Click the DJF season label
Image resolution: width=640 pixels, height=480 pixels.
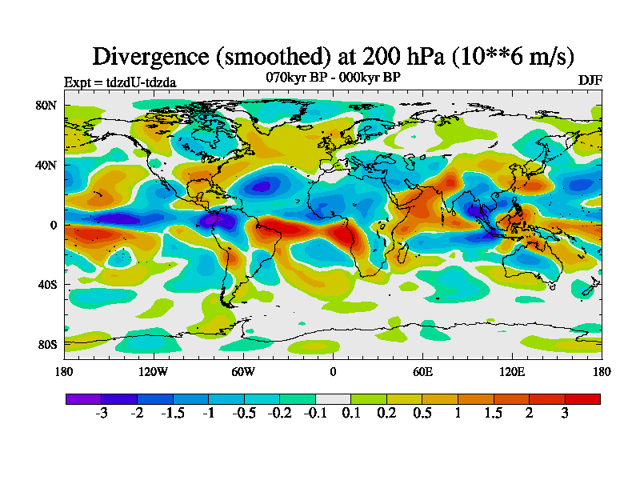[x=590, y=81]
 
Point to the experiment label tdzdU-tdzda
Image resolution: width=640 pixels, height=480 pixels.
[x=120, y=82]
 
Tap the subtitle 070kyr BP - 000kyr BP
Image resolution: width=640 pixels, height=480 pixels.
[x=333, y=77]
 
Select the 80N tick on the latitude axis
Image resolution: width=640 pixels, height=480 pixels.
[x=45, y=105]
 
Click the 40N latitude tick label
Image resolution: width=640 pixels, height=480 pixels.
[x=45, y=165]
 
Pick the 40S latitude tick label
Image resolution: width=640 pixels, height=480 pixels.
[x=45, y=285]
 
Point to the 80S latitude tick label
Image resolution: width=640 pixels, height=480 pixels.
[x=45, y=345]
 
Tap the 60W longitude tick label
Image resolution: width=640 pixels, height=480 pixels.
[x=243, y=371]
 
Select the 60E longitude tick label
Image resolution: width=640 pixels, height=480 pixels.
[x=422, y=371]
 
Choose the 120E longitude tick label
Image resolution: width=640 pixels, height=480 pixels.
[x=512, y=371]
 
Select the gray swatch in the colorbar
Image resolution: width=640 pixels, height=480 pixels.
[x=333, y=398]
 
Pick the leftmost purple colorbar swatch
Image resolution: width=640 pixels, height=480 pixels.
[x=83, y=398]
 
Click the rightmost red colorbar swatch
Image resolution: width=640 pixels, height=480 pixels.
[x=582, y=398]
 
